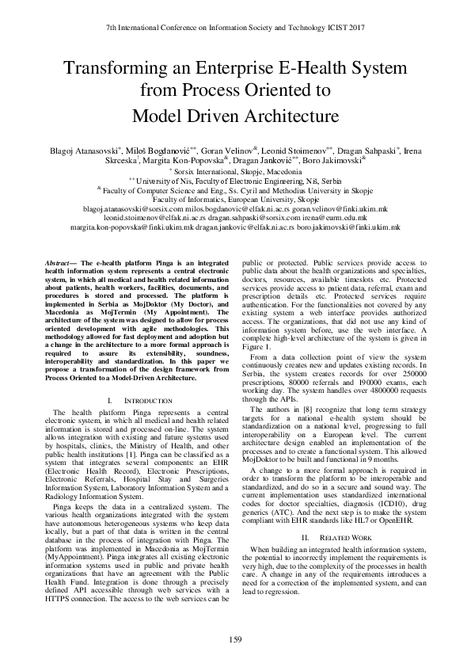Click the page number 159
tap(235, 639)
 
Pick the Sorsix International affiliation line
tap(235, 170)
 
